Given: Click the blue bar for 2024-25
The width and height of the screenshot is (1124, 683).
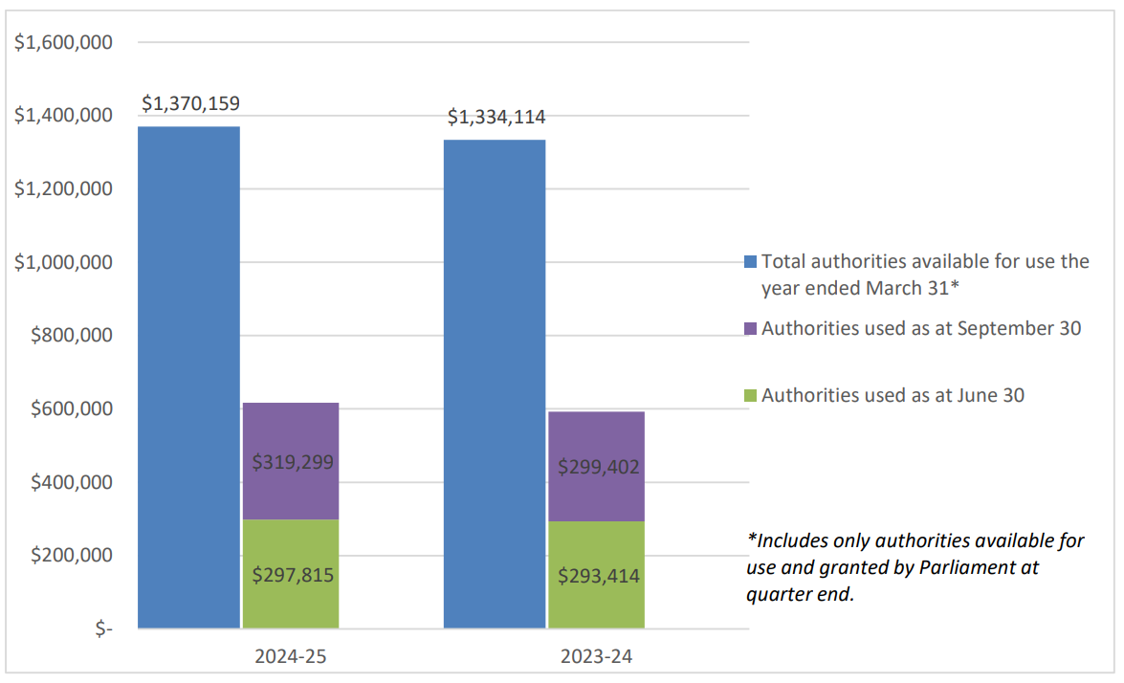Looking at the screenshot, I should pyautogui.click(x=189, y=377).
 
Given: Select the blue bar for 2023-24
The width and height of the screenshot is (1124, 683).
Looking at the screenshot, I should pyautogui.click(x=495, y=384).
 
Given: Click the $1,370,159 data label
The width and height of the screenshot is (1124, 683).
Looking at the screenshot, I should pyautogui.click(x=190, y=103).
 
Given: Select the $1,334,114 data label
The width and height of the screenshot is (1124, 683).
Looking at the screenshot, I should pyautogui.click(x=496, y=117).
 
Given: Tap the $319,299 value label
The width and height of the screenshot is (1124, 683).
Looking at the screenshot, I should pyautogui.click(x=292, y=462).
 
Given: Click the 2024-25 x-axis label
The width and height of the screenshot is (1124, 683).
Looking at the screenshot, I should pyautogui.click(x=292, y=657).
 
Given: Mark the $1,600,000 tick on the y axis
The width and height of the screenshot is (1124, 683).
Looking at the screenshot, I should pyautogui.click(x=63, y=42).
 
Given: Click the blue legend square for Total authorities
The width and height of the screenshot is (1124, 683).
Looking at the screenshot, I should pyautogui.click(x=751, y=262).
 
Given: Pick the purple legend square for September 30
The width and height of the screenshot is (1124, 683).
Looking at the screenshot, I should pyautogui.click(x=751, y=329).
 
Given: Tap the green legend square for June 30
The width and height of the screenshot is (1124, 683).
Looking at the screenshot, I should pyautogui.click(x=751, y=395).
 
